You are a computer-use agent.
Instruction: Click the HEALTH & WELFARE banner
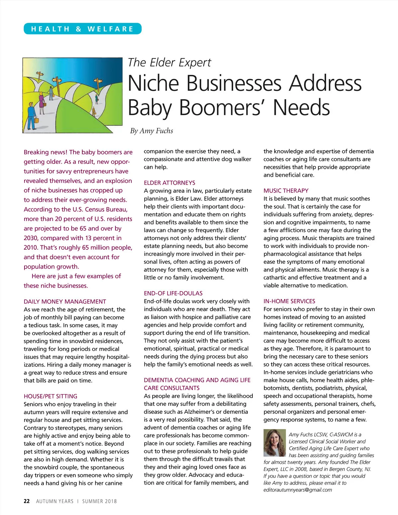82,29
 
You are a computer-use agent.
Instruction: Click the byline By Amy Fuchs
152,131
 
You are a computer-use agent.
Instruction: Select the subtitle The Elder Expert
169,62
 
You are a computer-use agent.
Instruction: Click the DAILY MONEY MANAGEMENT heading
65,301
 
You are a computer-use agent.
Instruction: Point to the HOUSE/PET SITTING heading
50,396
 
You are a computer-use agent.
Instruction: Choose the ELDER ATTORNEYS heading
169,183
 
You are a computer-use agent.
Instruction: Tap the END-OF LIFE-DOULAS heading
173,293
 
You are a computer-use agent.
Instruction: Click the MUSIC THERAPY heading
286,191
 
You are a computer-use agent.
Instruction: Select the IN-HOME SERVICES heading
289,301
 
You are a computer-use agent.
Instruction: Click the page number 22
27,501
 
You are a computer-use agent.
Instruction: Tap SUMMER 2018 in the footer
99,501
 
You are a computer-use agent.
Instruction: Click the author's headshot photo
274,442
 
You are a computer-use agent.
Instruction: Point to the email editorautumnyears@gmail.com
298,490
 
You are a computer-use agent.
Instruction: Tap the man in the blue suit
31,114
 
